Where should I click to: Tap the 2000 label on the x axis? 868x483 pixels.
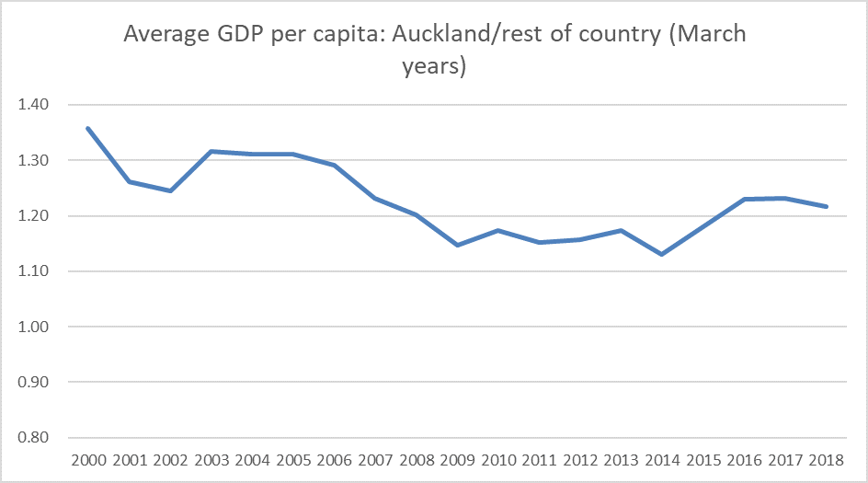[x=87, y=459]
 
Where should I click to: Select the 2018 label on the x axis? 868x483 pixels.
[x=827, y=459]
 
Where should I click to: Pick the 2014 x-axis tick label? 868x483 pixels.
[x=662, y=459]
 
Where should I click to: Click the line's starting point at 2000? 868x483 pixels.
[x=87, y=128]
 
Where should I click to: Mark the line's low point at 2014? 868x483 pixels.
[x=662, y=254]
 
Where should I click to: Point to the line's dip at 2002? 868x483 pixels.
[x=170, y=190]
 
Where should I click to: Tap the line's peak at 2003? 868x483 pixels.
[x=211, y=151]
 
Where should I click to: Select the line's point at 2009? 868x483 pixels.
[x=457, y=245]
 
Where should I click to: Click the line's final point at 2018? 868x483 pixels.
[x=827, y=206]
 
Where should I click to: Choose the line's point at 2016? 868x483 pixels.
[x=745, y=199]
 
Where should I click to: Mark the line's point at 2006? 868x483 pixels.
[x=334, y=166]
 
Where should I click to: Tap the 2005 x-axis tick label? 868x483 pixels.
[x=292, y=459]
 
